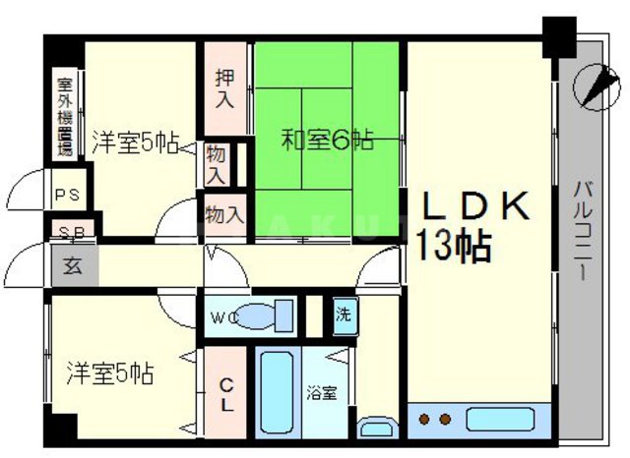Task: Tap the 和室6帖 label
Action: pyautogui.click(x=328, y=141)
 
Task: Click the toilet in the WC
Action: pyautogui.click(x=267, y=316)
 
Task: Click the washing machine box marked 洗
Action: pyautogui.click(x=342, y=315)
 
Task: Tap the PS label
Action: pyautogui.click(x=67, y=194)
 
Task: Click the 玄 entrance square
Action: pyautogui.click(x=72, y=264)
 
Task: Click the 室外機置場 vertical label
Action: pyautogui.click(x=65, y=116)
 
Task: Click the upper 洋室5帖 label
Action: pyautogui.click(x=135, y=141)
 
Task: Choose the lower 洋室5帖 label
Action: pyautogui.click(x=109, y=374)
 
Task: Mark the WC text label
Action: pyautogui.click(x=222, y=318)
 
